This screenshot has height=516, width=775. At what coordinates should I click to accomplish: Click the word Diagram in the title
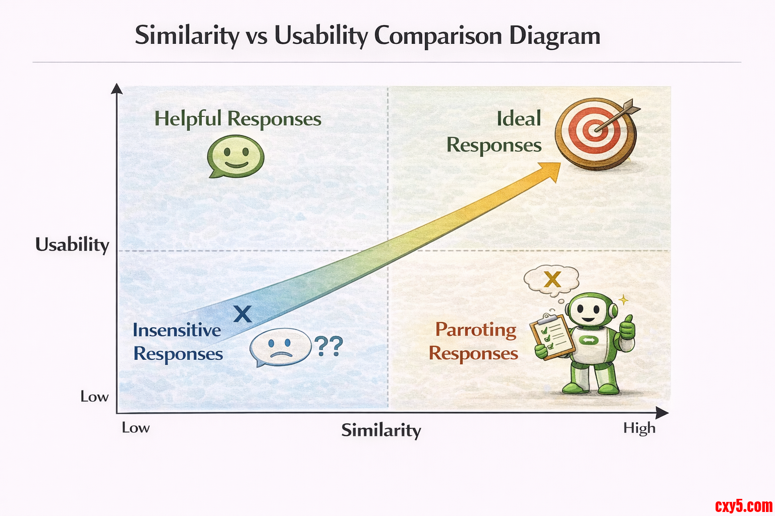555,36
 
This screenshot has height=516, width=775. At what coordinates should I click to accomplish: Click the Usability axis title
72,245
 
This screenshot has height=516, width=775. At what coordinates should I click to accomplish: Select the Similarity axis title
381,431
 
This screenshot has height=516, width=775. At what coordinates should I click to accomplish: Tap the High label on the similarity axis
639,428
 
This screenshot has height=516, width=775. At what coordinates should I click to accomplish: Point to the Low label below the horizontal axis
136,428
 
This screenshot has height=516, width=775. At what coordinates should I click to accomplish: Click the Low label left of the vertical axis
94,397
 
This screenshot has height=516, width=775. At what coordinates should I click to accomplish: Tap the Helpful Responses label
238,119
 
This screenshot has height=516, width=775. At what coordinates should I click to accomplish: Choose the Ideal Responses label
494,132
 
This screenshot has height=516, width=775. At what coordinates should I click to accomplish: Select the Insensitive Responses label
178,342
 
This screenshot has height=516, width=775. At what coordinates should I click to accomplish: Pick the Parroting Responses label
474,342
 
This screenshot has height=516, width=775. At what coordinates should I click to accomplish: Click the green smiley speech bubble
236,156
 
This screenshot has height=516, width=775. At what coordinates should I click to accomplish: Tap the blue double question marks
328,346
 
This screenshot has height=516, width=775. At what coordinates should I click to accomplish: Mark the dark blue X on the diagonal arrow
243,314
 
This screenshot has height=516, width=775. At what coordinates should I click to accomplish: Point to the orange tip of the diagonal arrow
560,163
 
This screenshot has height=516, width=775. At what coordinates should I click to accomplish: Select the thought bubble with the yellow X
551,281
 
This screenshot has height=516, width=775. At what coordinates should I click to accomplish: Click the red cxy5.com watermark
744,506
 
